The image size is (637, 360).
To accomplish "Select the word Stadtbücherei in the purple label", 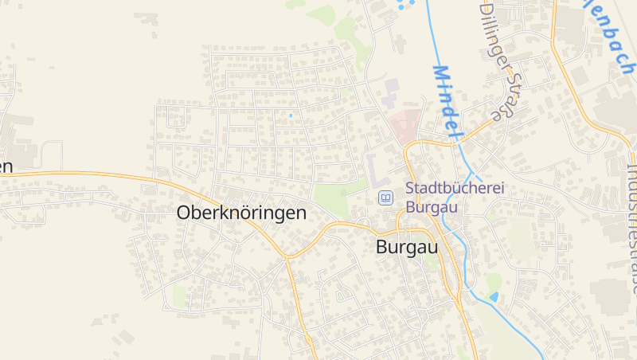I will [x=455, y=190].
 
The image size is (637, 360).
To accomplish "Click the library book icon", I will [x=385, y=198].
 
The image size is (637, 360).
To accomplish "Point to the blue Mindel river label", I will [x=447, y=100].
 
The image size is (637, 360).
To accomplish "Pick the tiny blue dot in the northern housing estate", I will [x=291, y=116].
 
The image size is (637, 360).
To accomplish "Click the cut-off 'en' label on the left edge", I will [x=6, y=166].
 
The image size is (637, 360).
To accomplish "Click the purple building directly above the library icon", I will [x=375, y=168].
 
